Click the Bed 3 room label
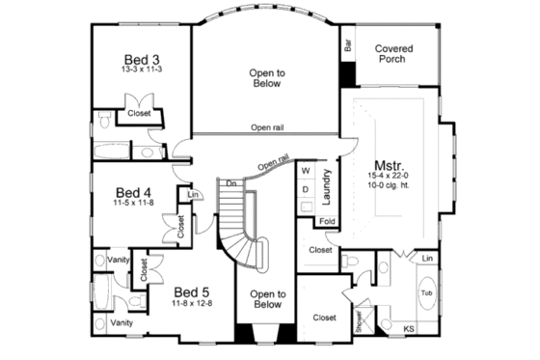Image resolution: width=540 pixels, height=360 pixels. click(141, 57)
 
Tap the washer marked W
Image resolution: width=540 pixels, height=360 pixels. click(306, 171)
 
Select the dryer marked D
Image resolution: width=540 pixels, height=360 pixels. click(306, 188)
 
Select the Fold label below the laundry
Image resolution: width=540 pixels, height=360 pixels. click(326, 221)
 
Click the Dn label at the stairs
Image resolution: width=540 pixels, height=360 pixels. click(231, 181)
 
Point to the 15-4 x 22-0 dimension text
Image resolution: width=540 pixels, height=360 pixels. click(385, 176)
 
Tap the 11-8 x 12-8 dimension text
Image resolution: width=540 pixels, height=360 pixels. click(191, 304)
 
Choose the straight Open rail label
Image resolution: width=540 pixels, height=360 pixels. click(266, 127)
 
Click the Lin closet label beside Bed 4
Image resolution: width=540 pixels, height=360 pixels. click(193, 195)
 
